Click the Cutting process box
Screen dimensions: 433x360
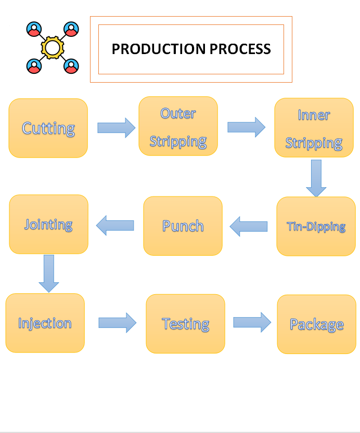pos(48,128)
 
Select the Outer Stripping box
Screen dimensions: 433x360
pos(178,126)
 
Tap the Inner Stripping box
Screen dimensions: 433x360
pos(314,128)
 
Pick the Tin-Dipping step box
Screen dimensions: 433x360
pos(316,226)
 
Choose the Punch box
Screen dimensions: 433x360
pos(183,226)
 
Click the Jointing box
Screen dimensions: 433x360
pos(48,224)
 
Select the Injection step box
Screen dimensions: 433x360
pos(45,323)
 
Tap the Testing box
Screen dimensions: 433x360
pos(185,323)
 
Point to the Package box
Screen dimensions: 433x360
pos(316,324)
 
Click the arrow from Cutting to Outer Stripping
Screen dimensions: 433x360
pos(116,127)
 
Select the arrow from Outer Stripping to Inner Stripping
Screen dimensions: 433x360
pos(246,127)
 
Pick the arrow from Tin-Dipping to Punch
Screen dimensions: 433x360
pos(249,226)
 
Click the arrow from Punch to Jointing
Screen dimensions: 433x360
pos(115,225)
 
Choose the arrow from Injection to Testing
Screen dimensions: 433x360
pos(117,323)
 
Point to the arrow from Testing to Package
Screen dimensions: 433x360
pos(252,322)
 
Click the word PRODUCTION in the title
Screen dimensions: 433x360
pos(159,49)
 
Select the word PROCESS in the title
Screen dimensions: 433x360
pos(240,49)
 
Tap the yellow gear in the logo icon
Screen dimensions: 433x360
pos(52,47)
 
